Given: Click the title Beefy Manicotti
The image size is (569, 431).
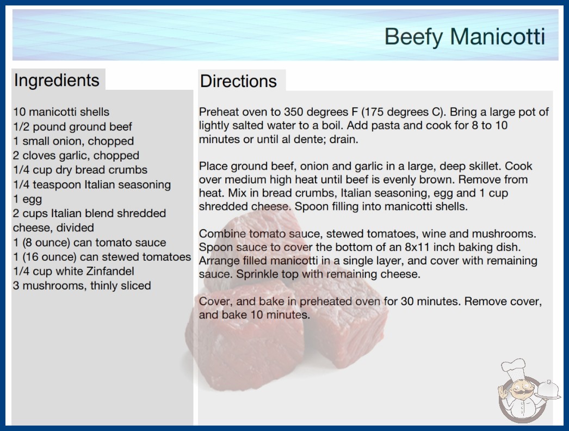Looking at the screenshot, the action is coord(465,36).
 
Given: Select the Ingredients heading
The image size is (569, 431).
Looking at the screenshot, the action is coord(57,80).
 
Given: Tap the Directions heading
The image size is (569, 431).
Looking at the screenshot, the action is coord(238,81).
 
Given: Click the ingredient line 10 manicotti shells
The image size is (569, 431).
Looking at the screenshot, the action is coord(61,112).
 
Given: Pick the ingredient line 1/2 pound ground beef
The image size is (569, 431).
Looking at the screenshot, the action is coord(72,127).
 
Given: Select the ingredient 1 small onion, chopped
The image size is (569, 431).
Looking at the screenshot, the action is coord(73,141).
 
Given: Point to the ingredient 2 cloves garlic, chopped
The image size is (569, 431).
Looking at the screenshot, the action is coord(76,156).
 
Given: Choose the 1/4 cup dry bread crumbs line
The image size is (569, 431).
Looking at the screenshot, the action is coord(80,170).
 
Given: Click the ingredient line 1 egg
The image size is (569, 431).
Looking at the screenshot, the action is coord(28,199).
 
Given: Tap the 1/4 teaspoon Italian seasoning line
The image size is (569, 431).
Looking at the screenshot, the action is coord(92,184).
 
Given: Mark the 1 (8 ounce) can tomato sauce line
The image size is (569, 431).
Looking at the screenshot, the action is coord(90,242).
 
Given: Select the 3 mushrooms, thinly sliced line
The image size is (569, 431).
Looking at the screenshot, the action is coord(82,286).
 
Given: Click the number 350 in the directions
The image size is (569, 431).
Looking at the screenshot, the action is coord(294,112).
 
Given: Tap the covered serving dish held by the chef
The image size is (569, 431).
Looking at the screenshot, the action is coord(548,390).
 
